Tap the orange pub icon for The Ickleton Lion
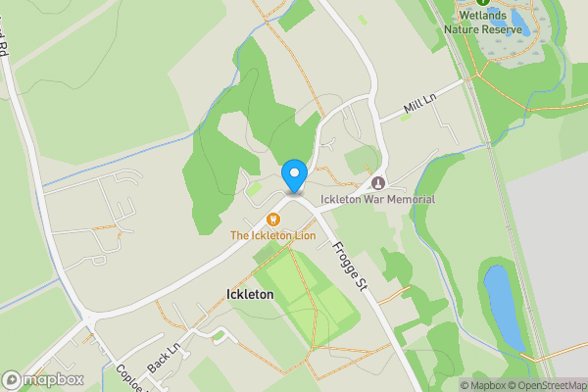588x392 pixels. coord(272,219)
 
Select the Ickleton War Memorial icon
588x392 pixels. coord(378,183)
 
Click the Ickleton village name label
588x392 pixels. coord(249,294)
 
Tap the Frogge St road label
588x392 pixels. coord(350,266)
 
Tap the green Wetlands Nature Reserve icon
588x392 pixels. coord(482,3)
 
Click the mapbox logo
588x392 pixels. coord(43,379)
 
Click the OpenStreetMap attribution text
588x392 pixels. coord(547,385)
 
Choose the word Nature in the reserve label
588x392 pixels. coord(469,28)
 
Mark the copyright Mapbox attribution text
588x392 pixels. coord(483,385)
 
